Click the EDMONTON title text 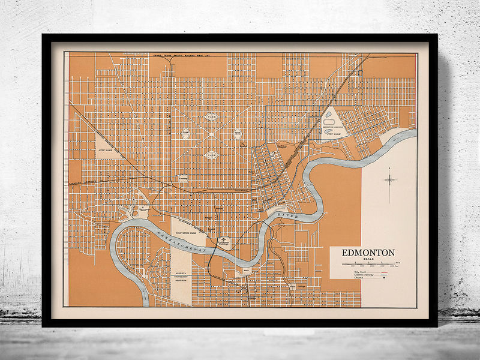coord(368,253)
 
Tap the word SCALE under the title coord(368,259)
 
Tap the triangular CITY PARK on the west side coord(107,146)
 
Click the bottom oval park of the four coord(211,154)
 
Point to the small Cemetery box coord(182,179)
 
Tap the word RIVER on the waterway coord(286,211)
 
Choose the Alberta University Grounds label coord(181,275)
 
